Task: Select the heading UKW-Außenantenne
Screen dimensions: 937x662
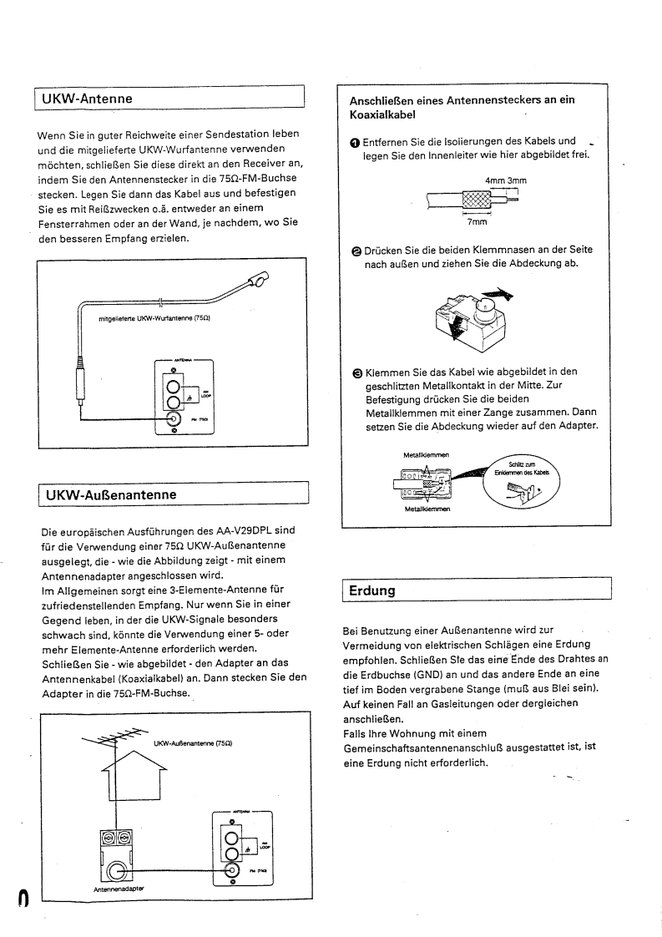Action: tap(110, 494)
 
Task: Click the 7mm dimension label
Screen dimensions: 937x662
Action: tap(477, 223)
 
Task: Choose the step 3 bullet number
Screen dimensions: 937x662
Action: tap(355, 372)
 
